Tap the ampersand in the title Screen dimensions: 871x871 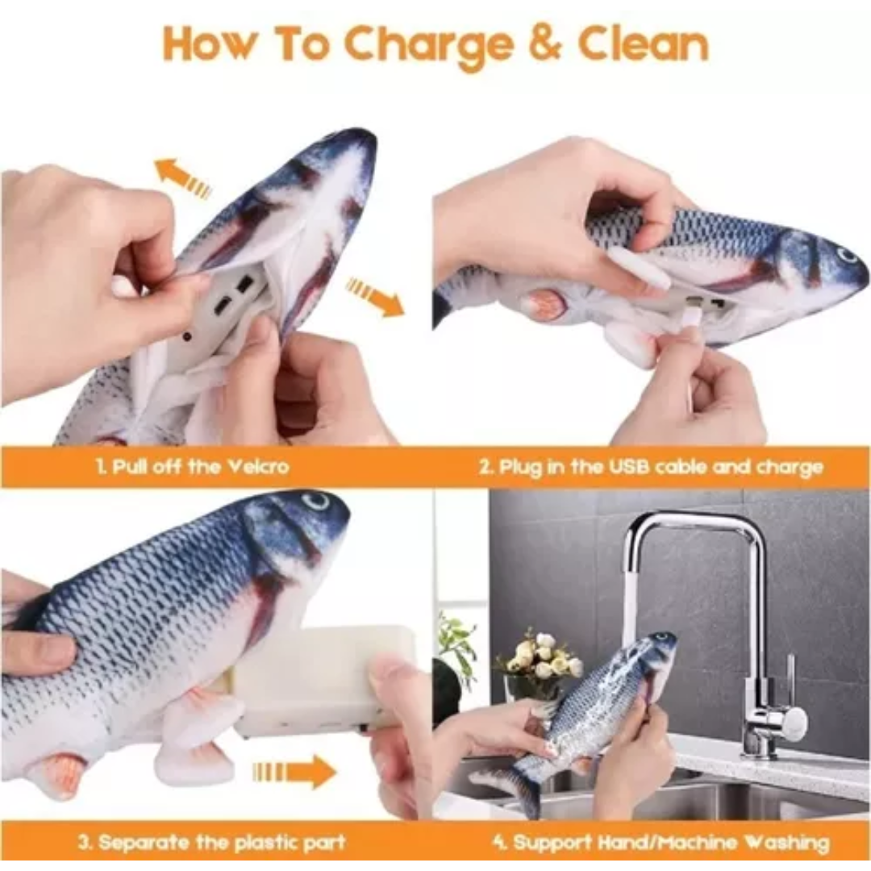546,44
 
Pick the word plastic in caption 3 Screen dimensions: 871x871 265,844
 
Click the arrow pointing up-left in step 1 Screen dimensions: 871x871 181,177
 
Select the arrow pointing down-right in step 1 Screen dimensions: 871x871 376,297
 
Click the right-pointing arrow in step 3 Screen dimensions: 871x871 295,772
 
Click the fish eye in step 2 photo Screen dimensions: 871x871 845,256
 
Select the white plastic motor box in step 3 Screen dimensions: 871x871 323,677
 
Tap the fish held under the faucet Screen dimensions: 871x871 597,710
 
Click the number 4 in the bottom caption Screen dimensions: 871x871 499,844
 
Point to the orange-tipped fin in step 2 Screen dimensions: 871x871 543,305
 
